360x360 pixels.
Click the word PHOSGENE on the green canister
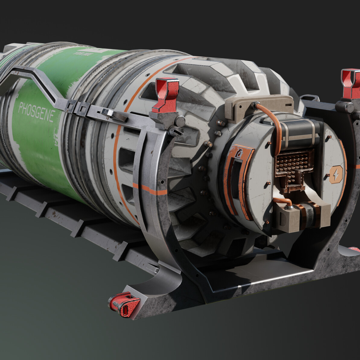tap(36, 111)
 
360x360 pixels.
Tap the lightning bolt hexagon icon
tap(336, 174)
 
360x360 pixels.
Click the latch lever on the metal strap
tap(113, 115)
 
